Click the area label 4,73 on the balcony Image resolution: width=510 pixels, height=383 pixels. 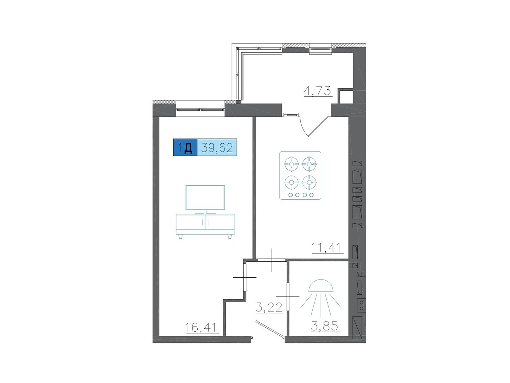tap(318, 91)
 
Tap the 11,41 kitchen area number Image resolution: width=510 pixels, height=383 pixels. tap(326, 248)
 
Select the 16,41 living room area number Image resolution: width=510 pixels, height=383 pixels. tap(201, 327)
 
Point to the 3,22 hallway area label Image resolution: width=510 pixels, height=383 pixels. tap(269, 307)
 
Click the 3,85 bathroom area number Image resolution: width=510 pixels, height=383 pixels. tap(324, 326)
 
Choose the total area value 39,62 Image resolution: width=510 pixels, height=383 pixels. tap(217, 147)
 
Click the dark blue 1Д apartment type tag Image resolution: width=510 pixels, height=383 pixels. tap(185, 147)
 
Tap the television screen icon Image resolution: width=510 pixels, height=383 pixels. tap(205, 198)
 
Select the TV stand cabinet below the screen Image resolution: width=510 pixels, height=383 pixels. tap(205, 225)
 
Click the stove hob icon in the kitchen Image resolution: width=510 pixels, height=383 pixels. tap(300, 176)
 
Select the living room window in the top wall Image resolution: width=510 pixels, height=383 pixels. tap(200, 110)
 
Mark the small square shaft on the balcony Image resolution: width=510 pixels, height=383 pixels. tap(346, 97)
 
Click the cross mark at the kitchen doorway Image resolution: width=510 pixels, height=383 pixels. tap(272, 260)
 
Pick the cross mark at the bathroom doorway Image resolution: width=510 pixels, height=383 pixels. tap(288, 297)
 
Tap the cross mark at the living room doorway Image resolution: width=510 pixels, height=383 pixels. tap(244, 277)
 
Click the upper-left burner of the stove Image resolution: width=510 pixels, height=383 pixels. tap(292, 164)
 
